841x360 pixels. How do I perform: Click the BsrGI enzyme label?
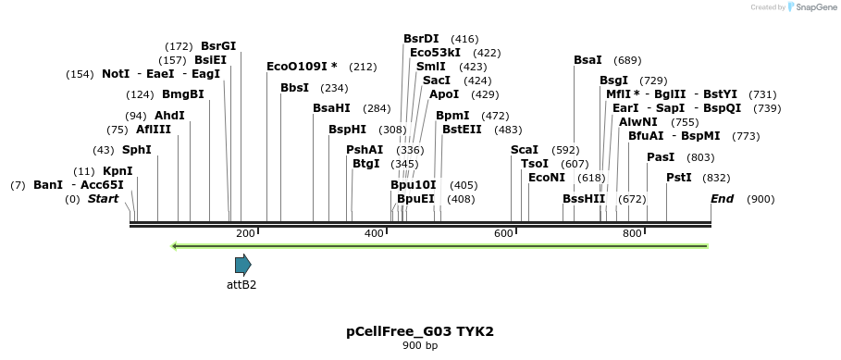coord(218,45)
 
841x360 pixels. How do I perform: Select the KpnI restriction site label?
coord(117,171)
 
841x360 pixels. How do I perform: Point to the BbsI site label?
coord(295,88)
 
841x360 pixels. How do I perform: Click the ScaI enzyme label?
coord(525,150)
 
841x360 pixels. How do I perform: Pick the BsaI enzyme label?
coord(587,60)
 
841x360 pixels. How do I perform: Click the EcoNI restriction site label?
coord(547,178)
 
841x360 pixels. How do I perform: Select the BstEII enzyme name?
coord(462,130)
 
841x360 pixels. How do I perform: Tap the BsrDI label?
coord(421,39)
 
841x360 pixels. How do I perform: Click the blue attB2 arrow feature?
coord(242,266)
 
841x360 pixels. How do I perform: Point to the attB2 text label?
coord(241,285)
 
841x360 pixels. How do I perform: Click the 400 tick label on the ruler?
coord(374,233)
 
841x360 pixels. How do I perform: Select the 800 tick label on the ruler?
coord(632,233)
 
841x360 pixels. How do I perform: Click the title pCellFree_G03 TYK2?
coord(420,331)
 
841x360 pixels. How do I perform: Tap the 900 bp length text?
coord(420,346)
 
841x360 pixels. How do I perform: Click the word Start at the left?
coord(103,199)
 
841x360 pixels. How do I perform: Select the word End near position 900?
coord(722,199)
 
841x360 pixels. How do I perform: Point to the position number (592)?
coord(565,150)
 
